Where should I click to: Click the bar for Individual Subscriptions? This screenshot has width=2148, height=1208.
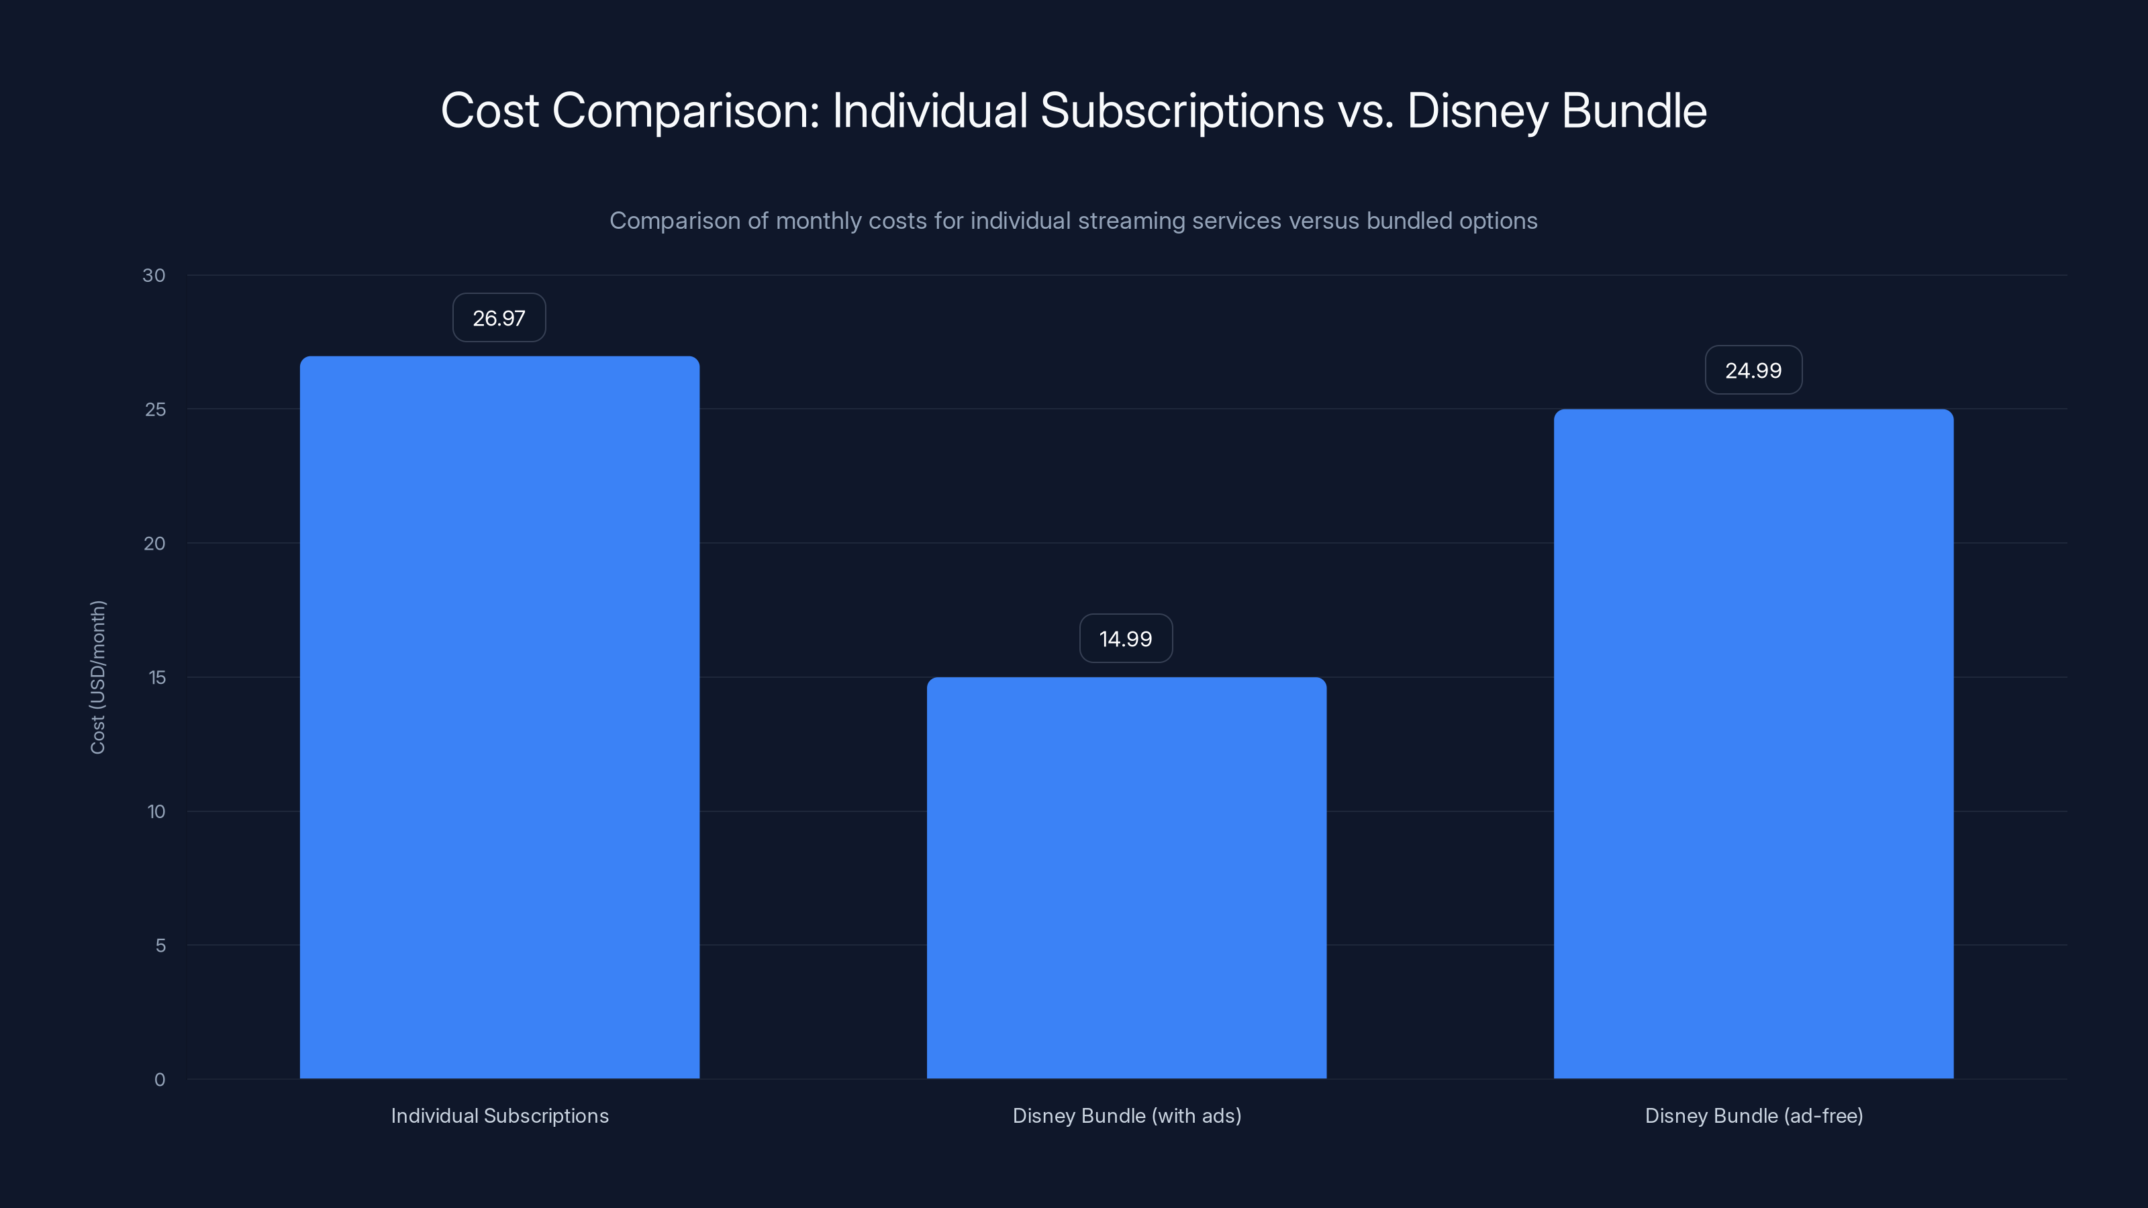click(499, 717)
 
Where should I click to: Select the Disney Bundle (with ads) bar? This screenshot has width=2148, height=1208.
click(1126, 877)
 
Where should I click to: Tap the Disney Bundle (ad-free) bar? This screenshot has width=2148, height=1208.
click(1753, 744)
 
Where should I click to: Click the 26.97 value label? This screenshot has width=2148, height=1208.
click(499, 317)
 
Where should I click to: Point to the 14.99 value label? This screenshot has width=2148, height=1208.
click(1126, 639)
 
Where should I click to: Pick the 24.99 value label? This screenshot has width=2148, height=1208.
click(1753, 370)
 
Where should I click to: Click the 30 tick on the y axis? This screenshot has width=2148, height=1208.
click(154, 275)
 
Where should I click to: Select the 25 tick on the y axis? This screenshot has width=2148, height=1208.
click(155, 409)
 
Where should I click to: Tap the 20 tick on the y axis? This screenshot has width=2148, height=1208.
click(155, 544)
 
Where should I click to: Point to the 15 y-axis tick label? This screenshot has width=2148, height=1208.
click(157, 678)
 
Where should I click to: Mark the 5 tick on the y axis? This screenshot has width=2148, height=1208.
click(160, 946)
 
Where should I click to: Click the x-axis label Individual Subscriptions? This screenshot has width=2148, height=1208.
click(499, 1115)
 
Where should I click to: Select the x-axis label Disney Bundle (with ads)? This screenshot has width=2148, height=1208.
click(1126, 1115)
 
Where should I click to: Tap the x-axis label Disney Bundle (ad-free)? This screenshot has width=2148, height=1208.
click(1753, 1115)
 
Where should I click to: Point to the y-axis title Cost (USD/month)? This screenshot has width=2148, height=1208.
click(97, 677)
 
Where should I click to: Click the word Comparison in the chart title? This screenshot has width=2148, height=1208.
click(685, 111)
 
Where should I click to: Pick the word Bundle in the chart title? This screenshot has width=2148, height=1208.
click(1634, 111)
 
